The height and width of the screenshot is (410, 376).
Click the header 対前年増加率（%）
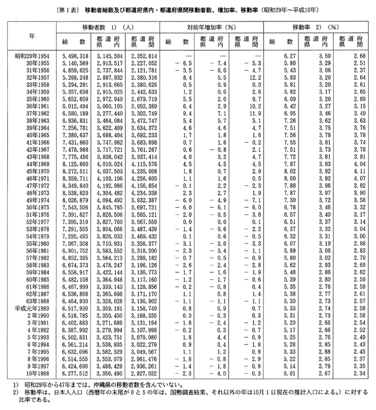click(214, 27)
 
